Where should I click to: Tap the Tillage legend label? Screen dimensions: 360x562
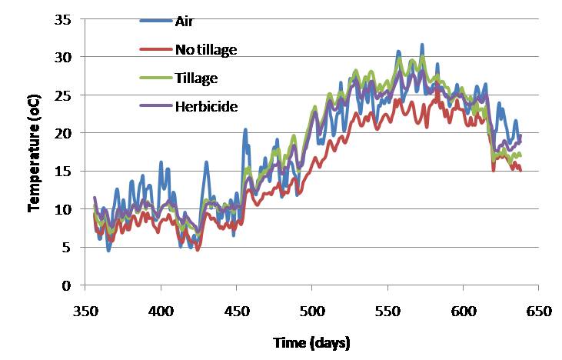[x=197, y=78]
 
